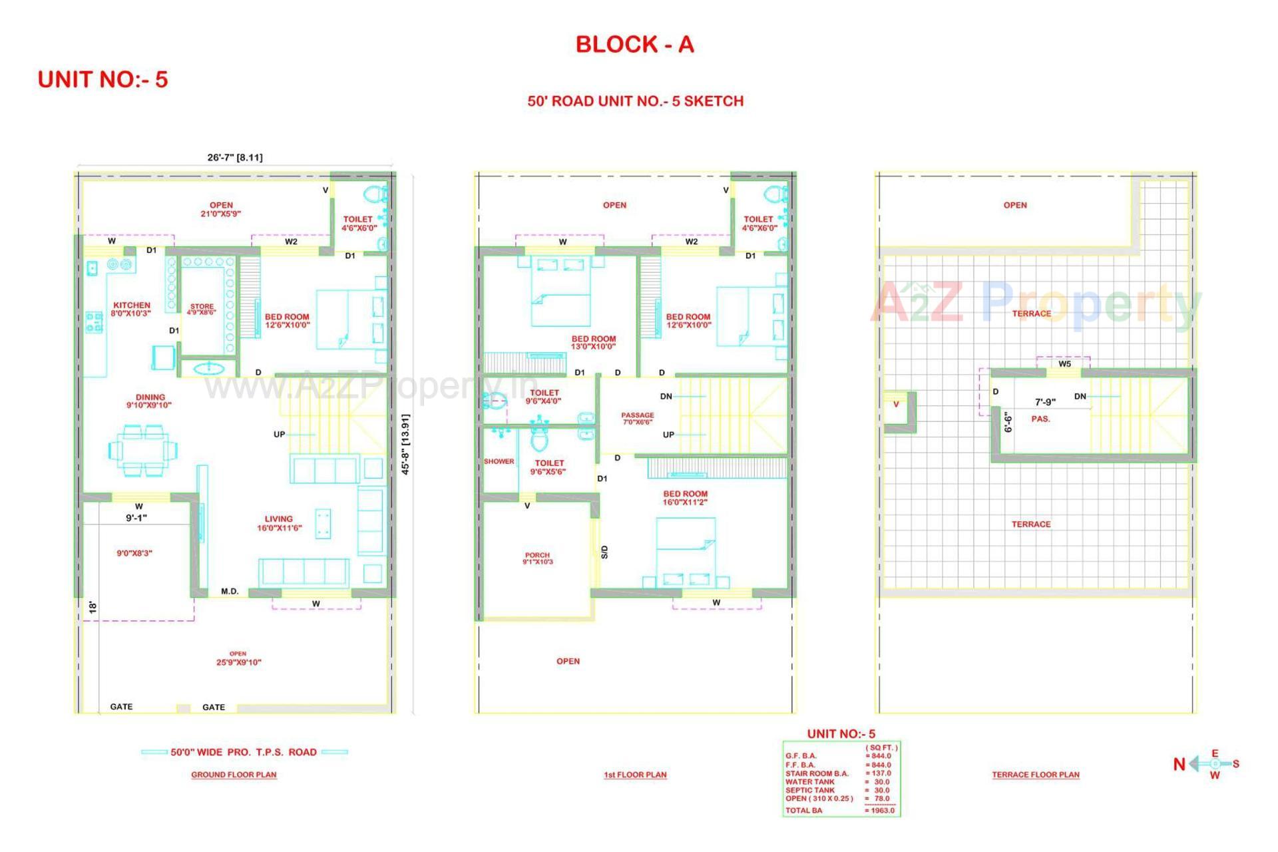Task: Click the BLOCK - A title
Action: pos(634,45)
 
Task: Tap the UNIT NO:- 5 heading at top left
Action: pos(103,79)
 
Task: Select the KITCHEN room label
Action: pos(132,306)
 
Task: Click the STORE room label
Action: pos(202,307)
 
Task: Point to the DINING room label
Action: pos(150,397)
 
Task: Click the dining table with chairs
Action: pos(143,451)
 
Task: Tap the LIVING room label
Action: pos(278,519)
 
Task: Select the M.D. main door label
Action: pos(230,591)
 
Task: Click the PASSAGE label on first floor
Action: pos(638,415)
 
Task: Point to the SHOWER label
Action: pos(499,461)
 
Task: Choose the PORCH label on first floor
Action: pos(537,555)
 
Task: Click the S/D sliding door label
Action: pos(604,552)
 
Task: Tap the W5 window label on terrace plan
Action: pos(1065,364)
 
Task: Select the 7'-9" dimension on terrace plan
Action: pos(1045,402)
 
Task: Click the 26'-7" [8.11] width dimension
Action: pos(234,158)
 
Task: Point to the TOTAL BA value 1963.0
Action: pos(879,810)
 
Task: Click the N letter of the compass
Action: pos(1179,764)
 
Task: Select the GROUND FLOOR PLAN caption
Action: pos(234,775)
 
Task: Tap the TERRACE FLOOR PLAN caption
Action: pos(1036,775)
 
